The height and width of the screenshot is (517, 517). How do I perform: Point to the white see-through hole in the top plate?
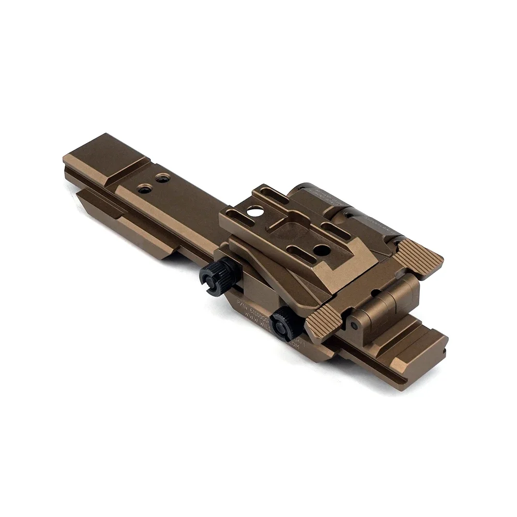point(254,210)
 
